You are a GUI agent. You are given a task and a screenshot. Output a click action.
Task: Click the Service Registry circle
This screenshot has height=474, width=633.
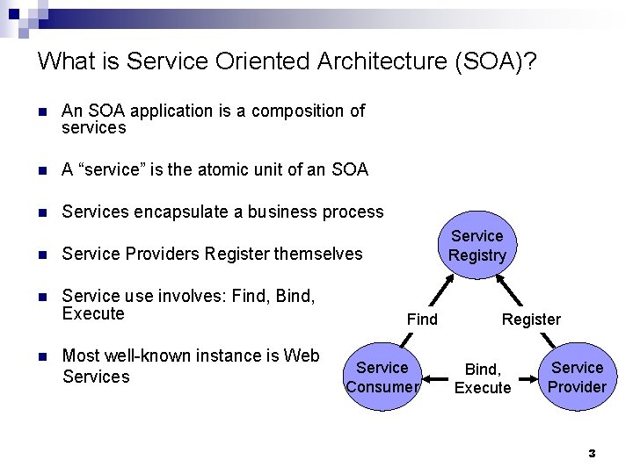coord(477,245)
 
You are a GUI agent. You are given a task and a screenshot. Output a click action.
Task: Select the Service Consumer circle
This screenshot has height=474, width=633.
coord(382,377)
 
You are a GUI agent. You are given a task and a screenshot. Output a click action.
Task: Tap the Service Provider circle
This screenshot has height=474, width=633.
coord(577,377)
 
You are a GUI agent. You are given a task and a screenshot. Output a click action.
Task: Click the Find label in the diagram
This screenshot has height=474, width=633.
coord(422,320)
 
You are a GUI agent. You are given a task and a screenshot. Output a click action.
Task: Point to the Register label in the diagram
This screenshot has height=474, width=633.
coord(531,320)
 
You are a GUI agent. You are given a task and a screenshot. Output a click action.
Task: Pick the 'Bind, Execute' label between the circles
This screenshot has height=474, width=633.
coord(483,379)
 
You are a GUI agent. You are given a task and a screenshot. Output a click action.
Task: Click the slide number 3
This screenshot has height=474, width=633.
coord(592,454)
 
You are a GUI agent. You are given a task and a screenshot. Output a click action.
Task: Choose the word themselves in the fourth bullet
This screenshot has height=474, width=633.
coord(317,254)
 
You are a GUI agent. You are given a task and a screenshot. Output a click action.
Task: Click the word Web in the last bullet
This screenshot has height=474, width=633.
coord(302,355)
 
